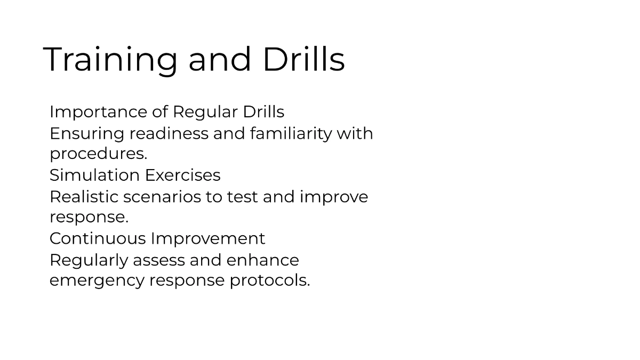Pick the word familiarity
coord(291,133)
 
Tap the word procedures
coord(98,154)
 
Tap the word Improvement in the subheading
coord(207,238)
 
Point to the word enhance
coord(262,261)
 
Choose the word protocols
coord(269,281)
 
